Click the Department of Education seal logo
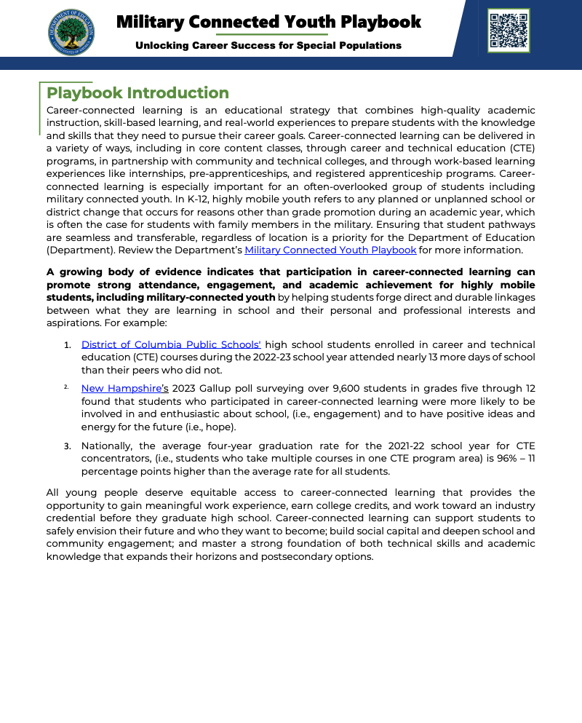coord(71,32)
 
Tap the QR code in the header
coord(509,31)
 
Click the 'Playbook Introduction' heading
coord(137,93)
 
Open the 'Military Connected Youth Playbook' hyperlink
coord(330,250)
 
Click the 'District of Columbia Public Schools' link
coord(171,344)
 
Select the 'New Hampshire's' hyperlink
coord(124,389)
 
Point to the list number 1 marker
coord(67,345)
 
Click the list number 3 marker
coord(67,446)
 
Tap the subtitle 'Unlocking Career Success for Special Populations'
coord(268,45)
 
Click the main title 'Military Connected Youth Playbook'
coord(268,22)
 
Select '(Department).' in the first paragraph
coord(80,250)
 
